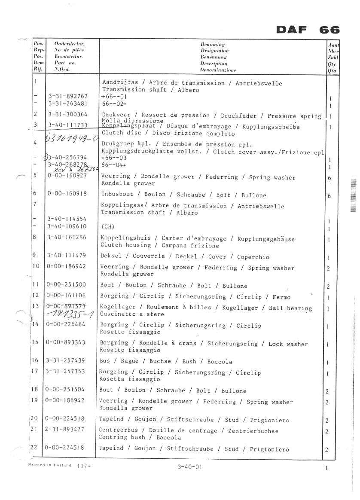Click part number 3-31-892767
click(68, 97)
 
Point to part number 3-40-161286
click(68, 237)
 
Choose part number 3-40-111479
click(68, 255)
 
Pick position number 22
click(35, 448)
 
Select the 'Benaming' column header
click(213, 44)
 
